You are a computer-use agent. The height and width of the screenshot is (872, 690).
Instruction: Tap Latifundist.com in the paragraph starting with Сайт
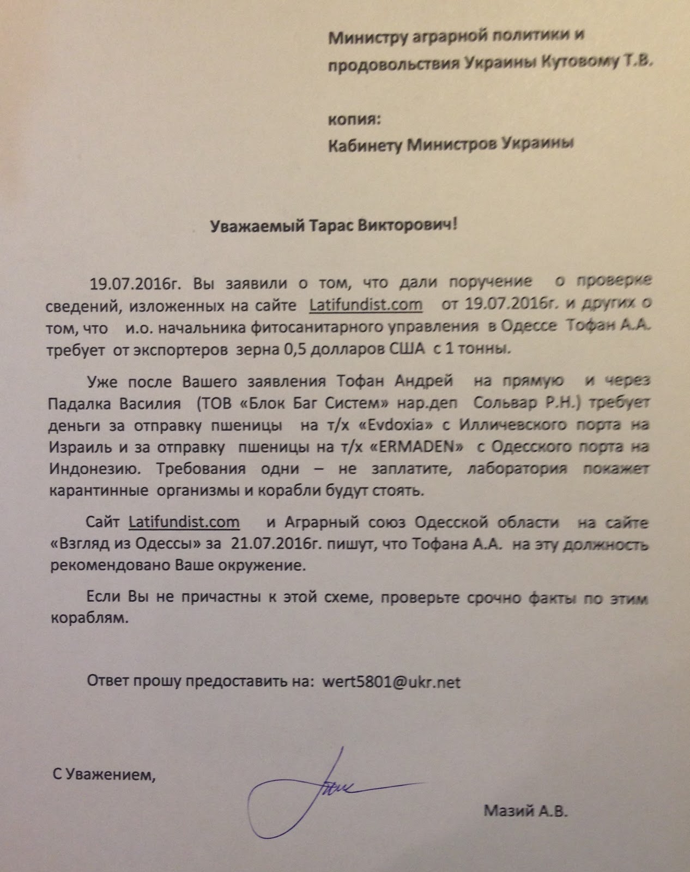[x=184, y=522]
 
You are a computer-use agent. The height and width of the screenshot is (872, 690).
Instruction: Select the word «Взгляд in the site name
[x=77, y=544]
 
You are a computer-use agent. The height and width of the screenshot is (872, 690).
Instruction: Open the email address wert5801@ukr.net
[x=391, y=682]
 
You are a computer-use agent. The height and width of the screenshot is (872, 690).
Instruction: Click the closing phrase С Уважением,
[x=104, y=774]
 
